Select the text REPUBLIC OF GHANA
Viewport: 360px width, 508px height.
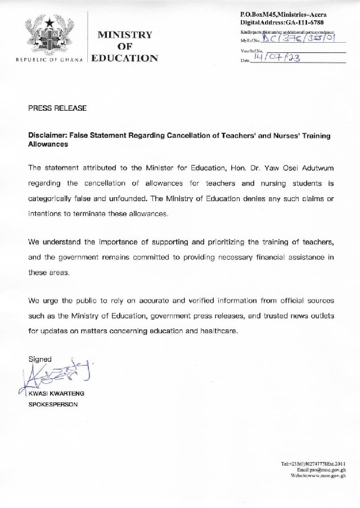(49, 59)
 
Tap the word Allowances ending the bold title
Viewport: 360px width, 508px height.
(48, 144)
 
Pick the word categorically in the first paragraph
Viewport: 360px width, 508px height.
(53, 199)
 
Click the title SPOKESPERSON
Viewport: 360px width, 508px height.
(53, 405)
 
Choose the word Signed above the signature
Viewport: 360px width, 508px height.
(40, 359)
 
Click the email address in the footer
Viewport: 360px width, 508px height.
(321, 469)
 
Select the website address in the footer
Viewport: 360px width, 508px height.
(318, 475)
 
